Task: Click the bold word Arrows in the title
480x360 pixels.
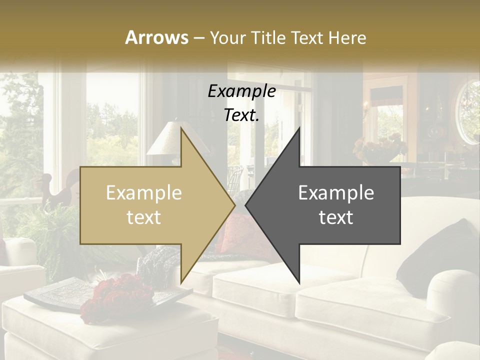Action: coord(156,37)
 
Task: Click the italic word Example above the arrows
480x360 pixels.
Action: coord(241,91)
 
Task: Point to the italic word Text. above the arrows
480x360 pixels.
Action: coord(241,115)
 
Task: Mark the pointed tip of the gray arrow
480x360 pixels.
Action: coord(246,205)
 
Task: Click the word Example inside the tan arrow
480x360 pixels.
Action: coord(144,193)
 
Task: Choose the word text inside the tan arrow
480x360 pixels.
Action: coord(144,217)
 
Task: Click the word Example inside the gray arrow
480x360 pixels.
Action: coord(336,193)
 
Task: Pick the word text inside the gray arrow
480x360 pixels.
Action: coord(336,217)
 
